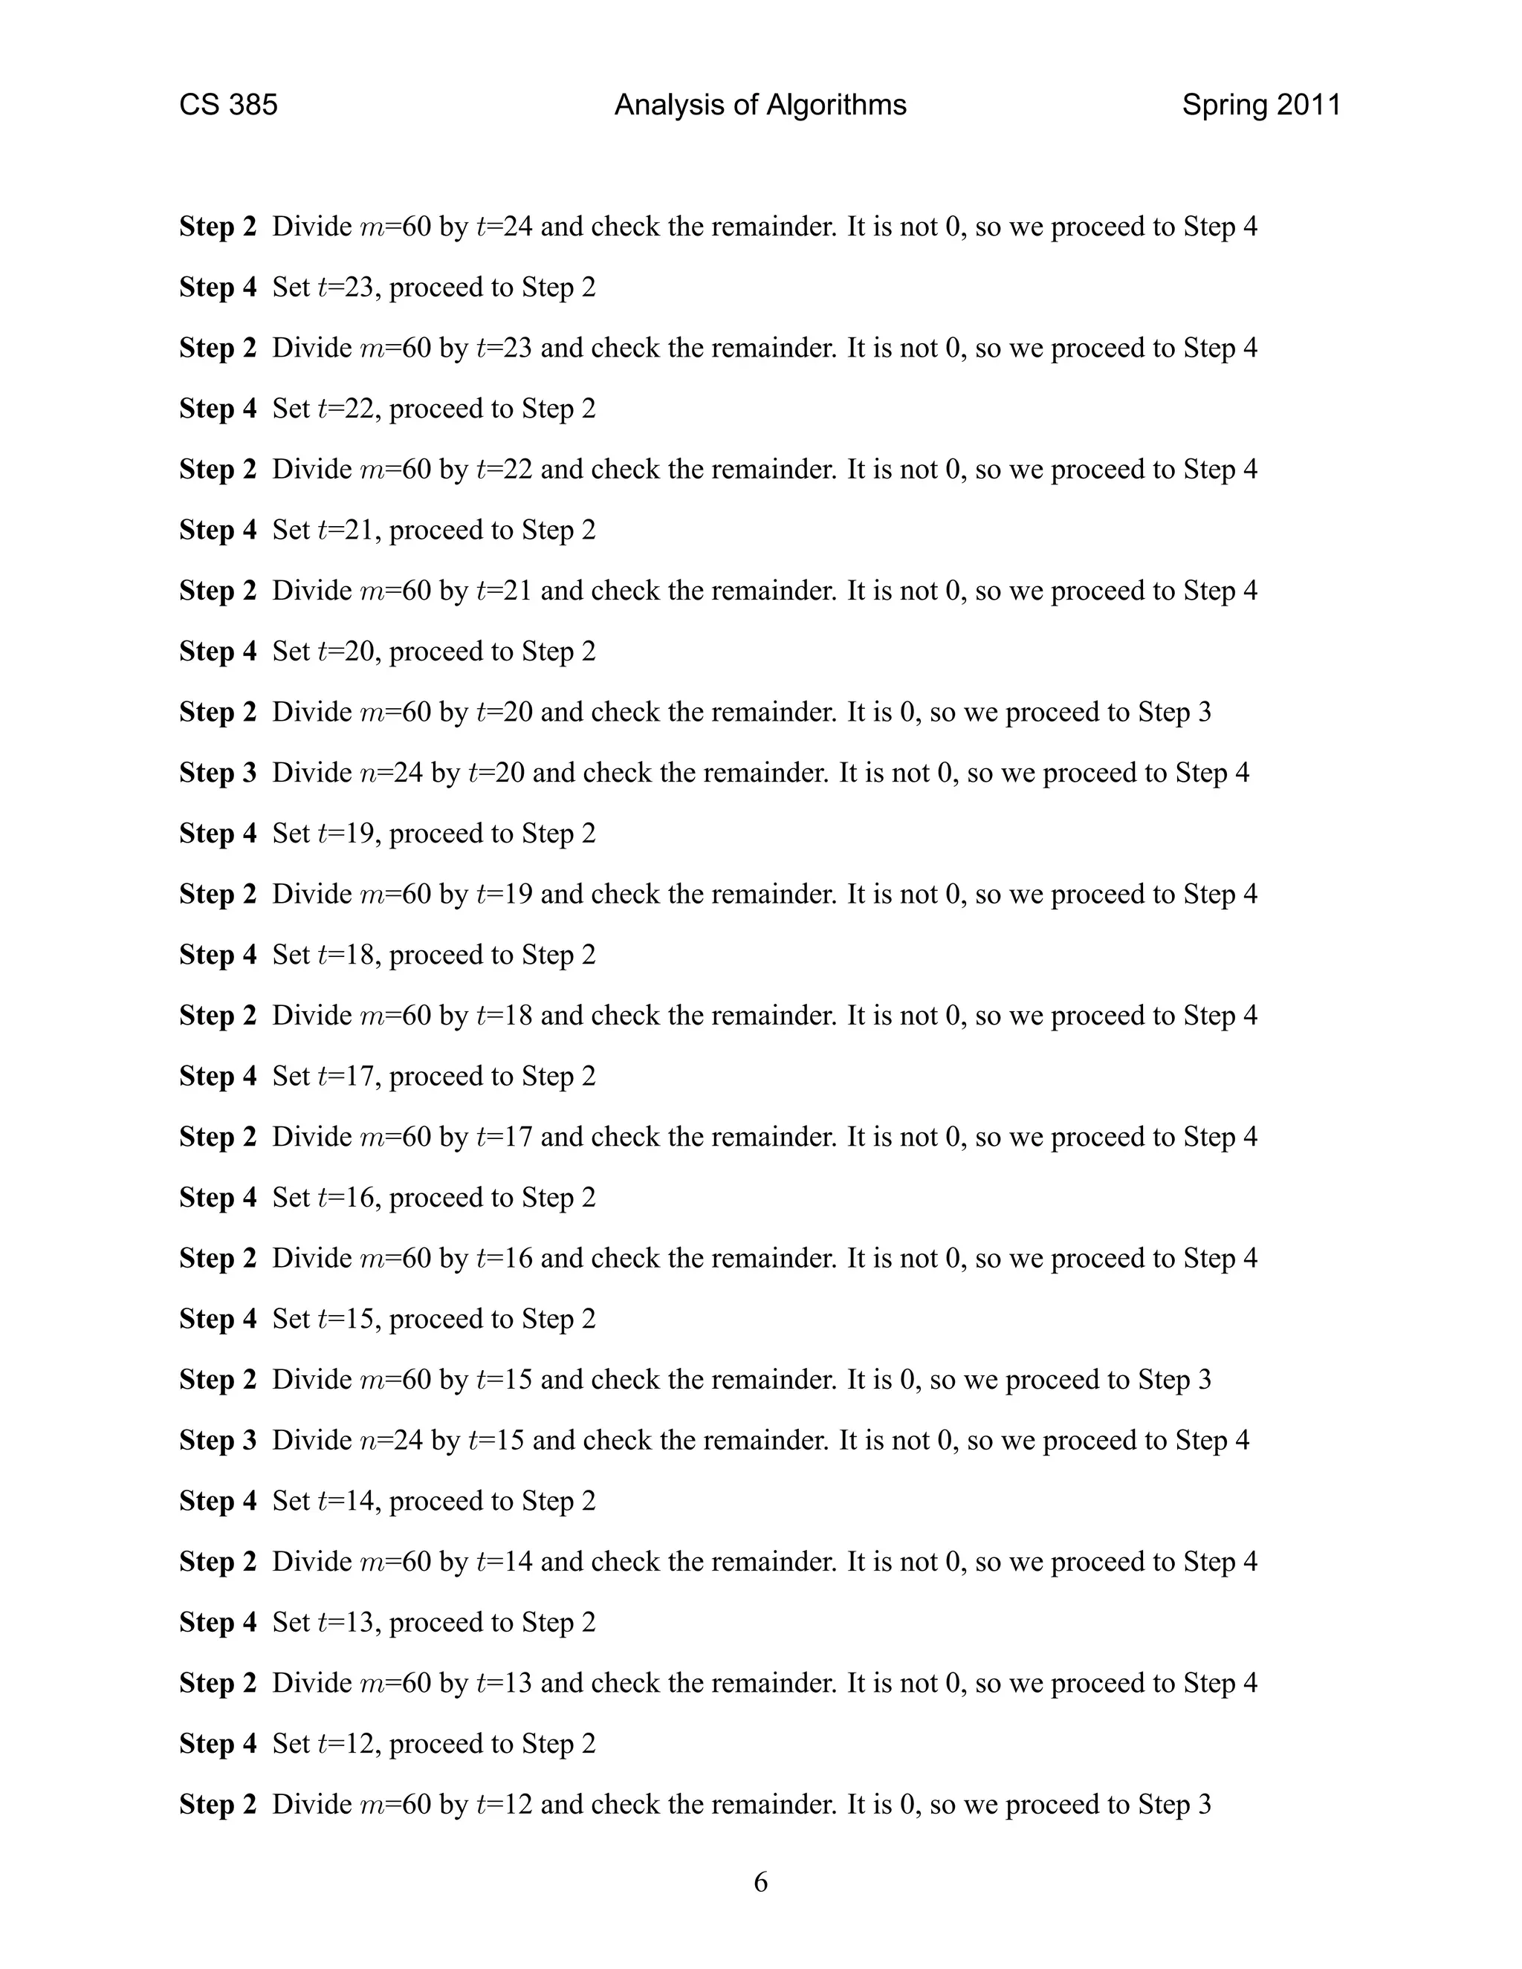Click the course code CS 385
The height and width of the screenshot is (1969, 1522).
[228, 106]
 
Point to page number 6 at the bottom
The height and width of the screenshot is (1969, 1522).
[760, 1883]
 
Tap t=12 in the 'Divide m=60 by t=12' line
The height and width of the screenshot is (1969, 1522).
[504, 1804]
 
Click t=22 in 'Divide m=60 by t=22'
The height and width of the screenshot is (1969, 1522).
[504, 470]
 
